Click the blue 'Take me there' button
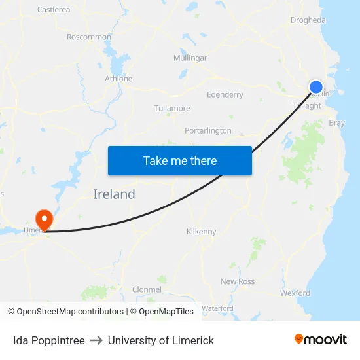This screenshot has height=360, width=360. point(180,160)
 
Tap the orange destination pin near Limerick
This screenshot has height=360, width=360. point(45,218)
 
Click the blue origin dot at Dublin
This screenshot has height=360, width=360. point(316,86)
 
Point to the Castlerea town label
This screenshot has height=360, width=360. point(54,10)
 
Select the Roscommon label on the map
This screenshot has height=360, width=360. point(89,37)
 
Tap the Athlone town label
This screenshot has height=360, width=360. point(118,79)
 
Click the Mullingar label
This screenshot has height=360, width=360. point(190,58)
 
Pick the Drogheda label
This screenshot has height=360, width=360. point(308,20)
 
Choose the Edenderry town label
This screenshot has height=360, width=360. point(225,94)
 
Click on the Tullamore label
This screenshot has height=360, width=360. point(172,108)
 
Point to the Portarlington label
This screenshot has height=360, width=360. point(208,130)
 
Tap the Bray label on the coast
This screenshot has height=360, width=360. point(336,122)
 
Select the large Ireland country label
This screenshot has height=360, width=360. point(114,194)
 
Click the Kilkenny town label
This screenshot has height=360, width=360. point(201,232)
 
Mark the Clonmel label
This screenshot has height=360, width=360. point(147,289)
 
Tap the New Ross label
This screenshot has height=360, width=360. point(237,281)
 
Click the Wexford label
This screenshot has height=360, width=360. point(295,293)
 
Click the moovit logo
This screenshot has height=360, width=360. point(321,340)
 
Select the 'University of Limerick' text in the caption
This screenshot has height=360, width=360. point(161,340)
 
